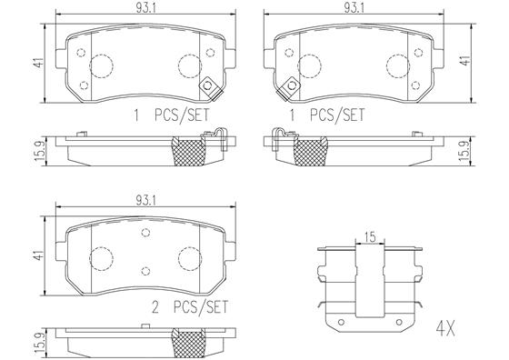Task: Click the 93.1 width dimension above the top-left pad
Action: click(x=145, y=9)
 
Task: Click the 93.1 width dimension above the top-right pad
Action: click(x=354, y=9)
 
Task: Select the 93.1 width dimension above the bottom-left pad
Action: click(x=145, y=201)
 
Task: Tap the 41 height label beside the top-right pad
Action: click(x=465, y=60)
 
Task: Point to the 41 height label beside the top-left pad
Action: click(x=39, y=63)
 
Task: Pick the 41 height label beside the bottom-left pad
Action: click(x=39, y=255)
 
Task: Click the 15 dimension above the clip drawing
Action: click(x=370, y=237)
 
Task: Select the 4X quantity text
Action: click(x=445, y=329)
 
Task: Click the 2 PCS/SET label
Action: click(x=190, y=306)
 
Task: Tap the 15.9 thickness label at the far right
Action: click(x=465, y=151)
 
